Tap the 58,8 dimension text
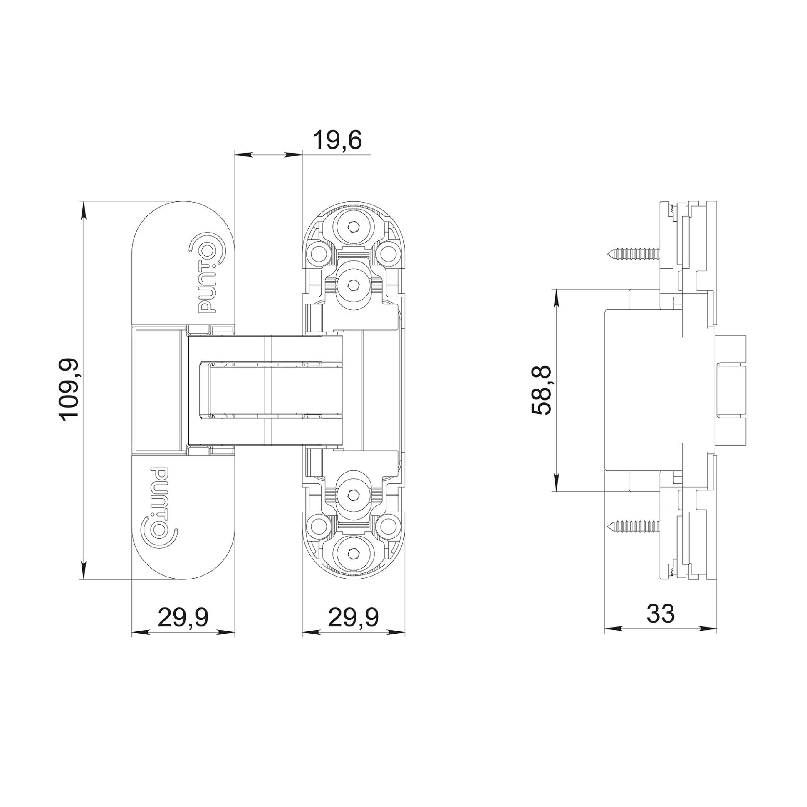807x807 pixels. tap(542, 390)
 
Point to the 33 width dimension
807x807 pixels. tap(661, 614)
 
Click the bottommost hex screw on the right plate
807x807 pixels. tap(354, 554)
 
